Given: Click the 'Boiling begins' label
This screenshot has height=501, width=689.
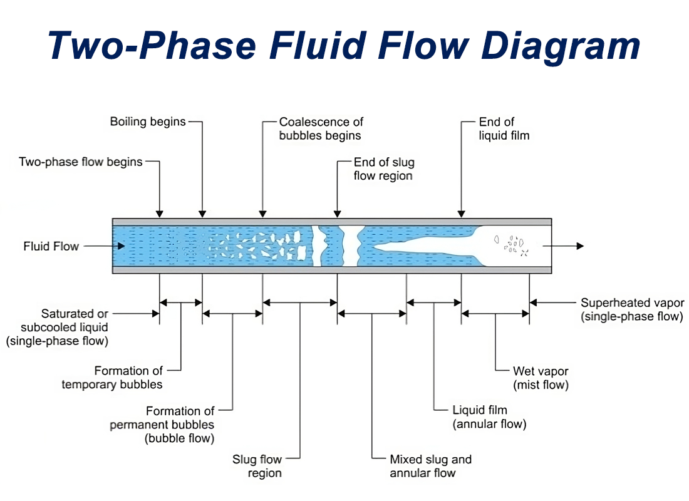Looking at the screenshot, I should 148,121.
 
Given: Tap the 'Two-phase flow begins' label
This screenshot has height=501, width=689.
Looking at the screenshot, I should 81,162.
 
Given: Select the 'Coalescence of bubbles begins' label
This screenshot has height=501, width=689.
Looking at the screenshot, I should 321,128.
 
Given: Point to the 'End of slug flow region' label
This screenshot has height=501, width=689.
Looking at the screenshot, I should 383,169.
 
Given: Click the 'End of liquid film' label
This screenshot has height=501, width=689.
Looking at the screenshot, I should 504,128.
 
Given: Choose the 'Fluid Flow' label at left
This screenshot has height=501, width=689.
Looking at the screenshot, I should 51,246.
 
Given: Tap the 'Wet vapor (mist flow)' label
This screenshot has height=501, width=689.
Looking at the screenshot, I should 540,378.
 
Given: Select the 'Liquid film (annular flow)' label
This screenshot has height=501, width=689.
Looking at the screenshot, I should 489,417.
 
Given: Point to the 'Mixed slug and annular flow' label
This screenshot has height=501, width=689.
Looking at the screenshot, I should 430,466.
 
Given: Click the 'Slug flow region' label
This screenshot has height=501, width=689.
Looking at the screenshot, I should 257,466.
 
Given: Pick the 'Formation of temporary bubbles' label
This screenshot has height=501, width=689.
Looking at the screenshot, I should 112,378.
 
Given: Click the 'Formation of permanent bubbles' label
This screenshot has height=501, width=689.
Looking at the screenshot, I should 162,425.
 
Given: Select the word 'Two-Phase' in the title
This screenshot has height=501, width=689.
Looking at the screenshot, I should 152,45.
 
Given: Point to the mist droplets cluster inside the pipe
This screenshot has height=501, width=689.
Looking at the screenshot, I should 510,245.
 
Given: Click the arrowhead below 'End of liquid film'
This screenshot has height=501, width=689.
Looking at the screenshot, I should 462,214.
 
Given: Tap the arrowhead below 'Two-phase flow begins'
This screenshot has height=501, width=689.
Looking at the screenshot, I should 160,214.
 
